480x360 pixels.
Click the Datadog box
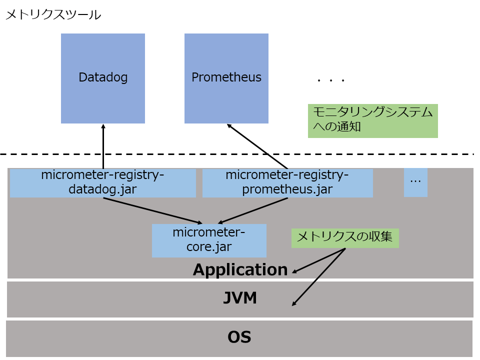(103, 78)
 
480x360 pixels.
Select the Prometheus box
(226, 78)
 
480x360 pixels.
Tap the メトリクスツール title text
(53, 15)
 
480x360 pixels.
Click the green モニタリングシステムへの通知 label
(372, 120)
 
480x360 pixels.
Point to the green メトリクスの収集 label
(345, 238)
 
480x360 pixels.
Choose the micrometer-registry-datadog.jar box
(102, 183)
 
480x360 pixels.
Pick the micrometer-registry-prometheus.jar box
(287, 183)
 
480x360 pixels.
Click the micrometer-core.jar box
(209, 240)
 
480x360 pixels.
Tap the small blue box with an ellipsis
(415, 182)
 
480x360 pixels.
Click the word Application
(240, 270)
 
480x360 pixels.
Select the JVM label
(240, 298)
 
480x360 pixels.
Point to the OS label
(239, 337)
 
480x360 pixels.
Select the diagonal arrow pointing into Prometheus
(257, 146)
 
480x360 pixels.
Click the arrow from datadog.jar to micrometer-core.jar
(152, 210)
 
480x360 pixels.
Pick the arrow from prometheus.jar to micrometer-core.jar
(252, 210)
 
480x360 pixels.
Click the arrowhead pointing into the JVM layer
(294, 303)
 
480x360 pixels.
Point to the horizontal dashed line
(240, 154)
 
